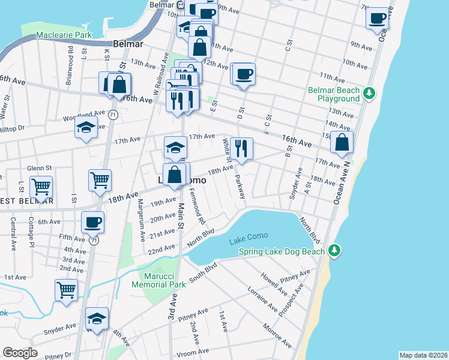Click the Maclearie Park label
click(x=64, y=35)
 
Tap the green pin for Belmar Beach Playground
click(x=370, y=93)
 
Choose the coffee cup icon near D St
click(x=244, y=74)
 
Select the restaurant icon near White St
click(x=241, y=148)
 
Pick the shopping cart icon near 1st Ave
click(x=67, y=290)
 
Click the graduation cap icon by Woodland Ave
click(x=86, y=127)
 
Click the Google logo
click(x=20, y=353)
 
